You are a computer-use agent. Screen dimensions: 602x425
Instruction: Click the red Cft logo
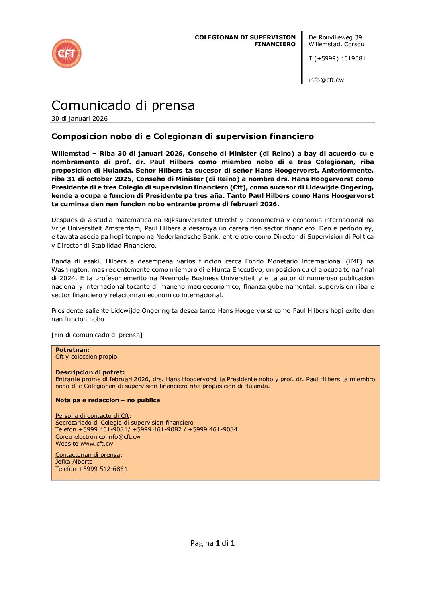pos(67,53)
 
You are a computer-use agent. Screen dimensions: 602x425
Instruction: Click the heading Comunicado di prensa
pos(123,105)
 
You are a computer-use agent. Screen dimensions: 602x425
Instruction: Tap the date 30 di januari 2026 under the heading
pos(80,119)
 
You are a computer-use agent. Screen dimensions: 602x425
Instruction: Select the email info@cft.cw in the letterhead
pos(326,80)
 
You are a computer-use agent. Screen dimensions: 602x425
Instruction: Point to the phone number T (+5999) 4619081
pos(337,58)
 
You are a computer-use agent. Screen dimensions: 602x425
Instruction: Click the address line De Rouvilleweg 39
pos(335,37)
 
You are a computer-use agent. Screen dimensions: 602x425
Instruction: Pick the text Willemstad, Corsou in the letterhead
pos(336,44)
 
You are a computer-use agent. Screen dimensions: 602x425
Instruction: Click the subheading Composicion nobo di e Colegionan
pos(182,137)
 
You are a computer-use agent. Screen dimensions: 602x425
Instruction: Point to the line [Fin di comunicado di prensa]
pos(97,335)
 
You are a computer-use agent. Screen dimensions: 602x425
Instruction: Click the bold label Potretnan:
pos(72,350)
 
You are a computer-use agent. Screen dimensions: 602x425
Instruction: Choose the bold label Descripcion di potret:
pos(90,372)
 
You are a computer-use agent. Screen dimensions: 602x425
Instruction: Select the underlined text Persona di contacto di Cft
pos(92,416)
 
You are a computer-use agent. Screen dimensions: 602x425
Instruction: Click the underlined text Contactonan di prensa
pos(88,455)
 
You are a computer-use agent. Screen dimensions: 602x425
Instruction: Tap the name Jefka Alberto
pos(74,462)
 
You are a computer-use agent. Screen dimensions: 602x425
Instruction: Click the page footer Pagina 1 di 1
pos(212,543)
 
